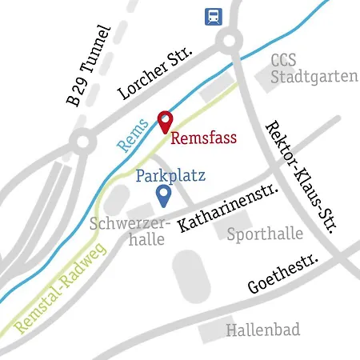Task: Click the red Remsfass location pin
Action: click(165, 122)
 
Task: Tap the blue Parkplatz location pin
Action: click(163, 194)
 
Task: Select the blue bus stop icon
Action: click(214, 15)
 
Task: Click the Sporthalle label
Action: click(265, 234)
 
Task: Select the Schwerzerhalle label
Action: click(128, 230)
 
